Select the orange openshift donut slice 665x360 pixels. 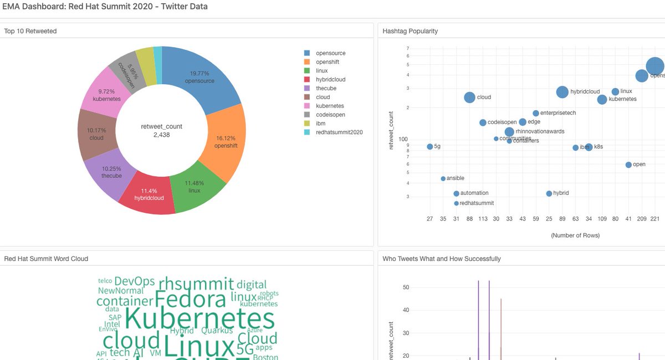[224, 142]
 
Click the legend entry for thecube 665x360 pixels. [326, 89]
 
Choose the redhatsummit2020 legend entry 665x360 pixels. [339, 132]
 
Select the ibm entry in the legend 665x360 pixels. [320, 124]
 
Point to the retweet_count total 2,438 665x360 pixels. [161, 135]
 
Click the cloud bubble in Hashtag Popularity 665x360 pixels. [469, 97]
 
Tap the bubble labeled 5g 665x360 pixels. [430, 147]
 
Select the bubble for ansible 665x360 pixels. [443, 178]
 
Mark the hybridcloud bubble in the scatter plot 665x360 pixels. [562, 92]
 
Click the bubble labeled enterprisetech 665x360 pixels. [536, 113]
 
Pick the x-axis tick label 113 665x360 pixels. [483, 219]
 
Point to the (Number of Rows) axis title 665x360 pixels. [575, 235]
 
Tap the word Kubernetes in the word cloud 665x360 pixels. [200, 320]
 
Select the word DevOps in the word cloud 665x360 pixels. [134, 281]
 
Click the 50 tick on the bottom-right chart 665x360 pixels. [406, 287]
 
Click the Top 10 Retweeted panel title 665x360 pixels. [30, 31]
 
